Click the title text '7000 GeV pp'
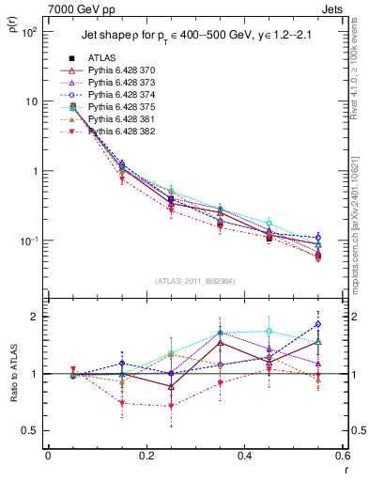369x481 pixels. (x=76, y=9)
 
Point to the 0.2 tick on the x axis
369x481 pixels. (x=146, y=456)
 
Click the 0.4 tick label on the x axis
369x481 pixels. (x=243, y=456)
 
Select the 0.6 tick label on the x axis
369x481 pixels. (x=341, y=456)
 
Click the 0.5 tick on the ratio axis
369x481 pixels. (x=33, y=430)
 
